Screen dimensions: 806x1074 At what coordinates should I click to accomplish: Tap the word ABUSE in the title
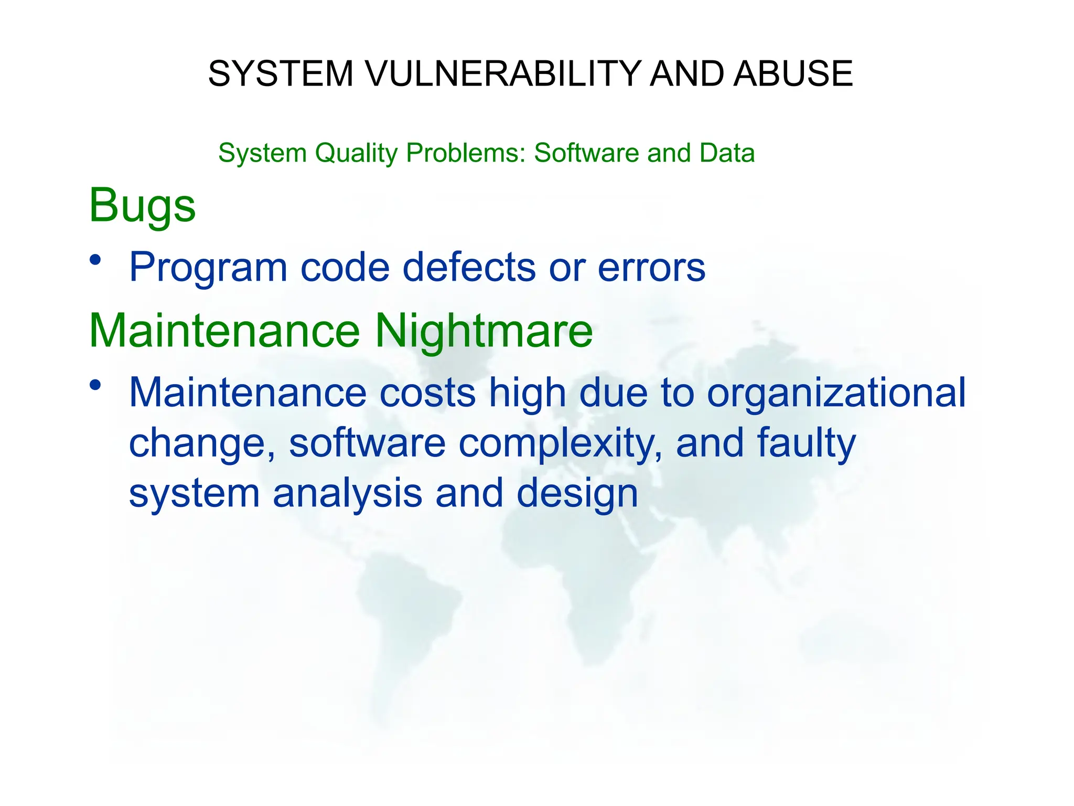point(793,73)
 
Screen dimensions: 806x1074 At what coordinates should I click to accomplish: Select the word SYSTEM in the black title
point(281,73)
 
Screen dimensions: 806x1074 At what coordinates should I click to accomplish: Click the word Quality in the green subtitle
point(356,154)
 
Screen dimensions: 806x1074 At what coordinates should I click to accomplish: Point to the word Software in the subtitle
point(586,153)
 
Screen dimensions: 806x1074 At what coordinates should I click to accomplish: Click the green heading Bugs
point(142,206)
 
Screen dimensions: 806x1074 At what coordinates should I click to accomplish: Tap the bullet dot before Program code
point(95,260)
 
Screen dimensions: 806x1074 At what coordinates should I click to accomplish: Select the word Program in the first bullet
point(208,268)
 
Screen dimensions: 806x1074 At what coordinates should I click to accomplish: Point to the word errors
point(651,268)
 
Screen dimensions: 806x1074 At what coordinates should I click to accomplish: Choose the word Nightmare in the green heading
point(484,331)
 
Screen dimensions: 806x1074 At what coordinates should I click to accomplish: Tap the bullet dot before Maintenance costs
point(95,385)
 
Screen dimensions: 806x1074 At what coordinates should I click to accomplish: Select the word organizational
point(836,393)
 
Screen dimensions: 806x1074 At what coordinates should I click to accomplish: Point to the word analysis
point(347,493)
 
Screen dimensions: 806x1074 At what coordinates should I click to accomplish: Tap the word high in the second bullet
point(527,393)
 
